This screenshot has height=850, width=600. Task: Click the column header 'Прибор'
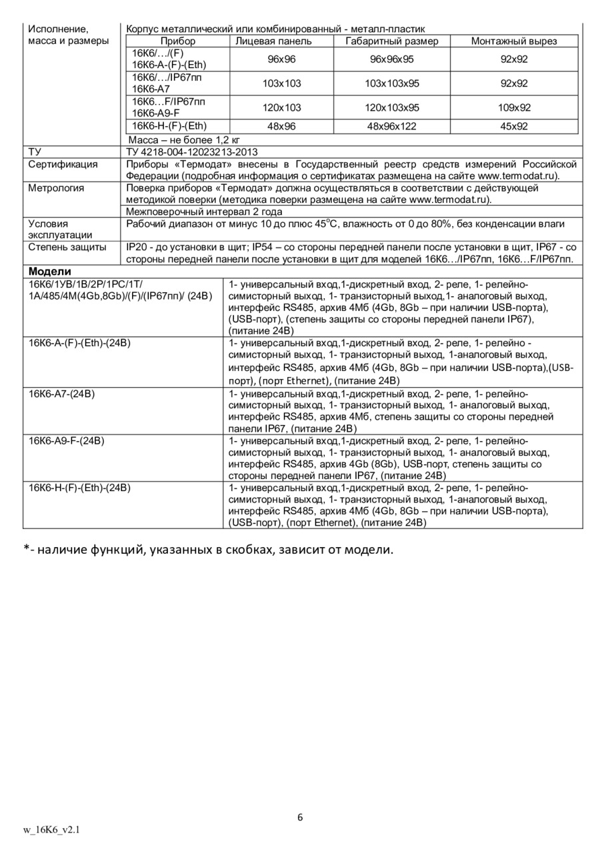(x=178, y=41)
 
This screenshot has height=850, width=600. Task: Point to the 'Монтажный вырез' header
(x=513, y=41)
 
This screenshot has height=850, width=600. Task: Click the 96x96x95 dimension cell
(x=392, y=59)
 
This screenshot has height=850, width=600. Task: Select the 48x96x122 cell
(x=392, y=126)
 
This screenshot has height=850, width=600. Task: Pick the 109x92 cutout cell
(x=514, y=107)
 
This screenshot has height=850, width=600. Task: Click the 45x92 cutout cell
(x=514, y=126)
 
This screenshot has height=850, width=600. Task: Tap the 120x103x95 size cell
(x=392, y=107)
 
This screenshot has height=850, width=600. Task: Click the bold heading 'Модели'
(x=49, y=272)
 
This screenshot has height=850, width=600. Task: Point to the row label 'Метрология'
(x=56, y=188)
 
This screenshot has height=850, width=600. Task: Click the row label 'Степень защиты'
(x=67, y=248)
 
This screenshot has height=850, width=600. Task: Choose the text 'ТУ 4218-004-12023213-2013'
(x=191, y=152)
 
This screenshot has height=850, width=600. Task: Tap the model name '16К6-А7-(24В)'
(x=62, y=394)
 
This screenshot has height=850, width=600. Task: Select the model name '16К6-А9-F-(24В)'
(x=67, y=441)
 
